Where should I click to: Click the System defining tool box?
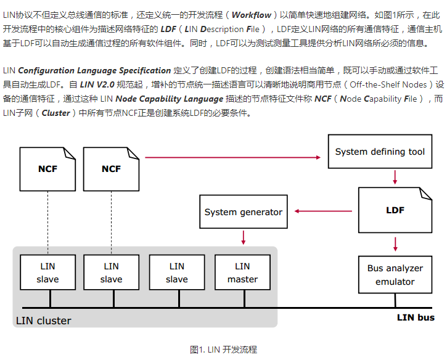tap(380, 152)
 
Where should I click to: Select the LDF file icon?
tap(395, 210)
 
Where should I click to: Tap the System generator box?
tap(244, 212)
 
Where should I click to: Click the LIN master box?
tap(242, 273)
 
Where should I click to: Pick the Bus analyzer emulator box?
tap(395, 275)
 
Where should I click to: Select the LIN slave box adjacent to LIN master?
tap(177, 273)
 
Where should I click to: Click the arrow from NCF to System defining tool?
tap(234, 158)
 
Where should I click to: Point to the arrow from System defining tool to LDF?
tap(395, 178)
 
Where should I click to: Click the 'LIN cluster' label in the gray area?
tap(43, 321)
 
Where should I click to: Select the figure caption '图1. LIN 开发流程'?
tap(223, 350)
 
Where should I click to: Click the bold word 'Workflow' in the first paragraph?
tap(252, 15)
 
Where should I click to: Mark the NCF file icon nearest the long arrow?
tap(112, 168)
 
